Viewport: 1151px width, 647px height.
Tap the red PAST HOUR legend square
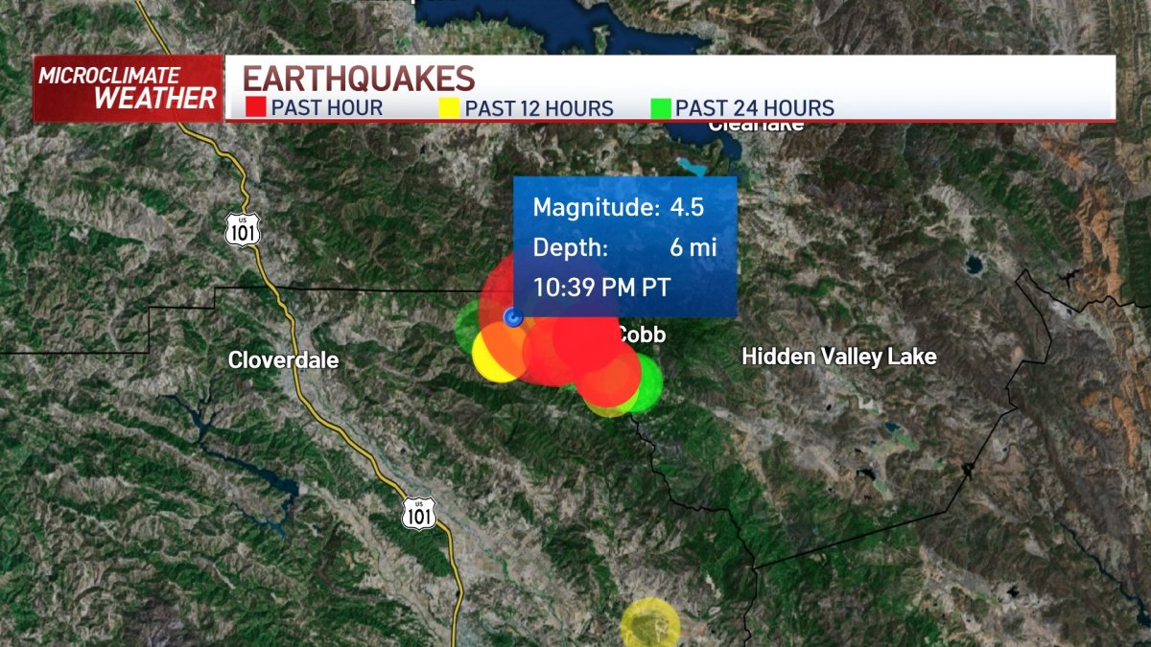tap(255, 107)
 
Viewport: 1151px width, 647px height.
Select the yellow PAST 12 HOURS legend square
tap(449, 107)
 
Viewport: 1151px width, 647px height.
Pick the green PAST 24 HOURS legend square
tap(661, 107)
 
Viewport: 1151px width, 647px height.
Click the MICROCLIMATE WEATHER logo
tap(128, 88)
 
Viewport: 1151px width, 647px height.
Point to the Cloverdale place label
tap(283, 360)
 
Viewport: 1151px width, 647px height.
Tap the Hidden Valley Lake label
tap(839, 357)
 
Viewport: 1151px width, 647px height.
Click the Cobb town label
tap(641, 335)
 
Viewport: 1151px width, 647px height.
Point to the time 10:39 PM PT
tap(601, 288)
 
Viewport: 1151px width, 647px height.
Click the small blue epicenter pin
tap(513, 318)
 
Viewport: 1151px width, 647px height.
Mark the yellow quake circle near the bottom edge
tap(650, 625)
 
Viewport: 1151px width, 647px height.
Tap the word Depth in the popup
tap(571, 247)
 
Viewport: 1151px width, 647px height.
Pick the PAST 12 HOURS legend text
tap(539, 108)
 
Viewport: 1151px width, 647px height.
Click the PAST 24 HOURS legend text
tap(755, 108)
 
